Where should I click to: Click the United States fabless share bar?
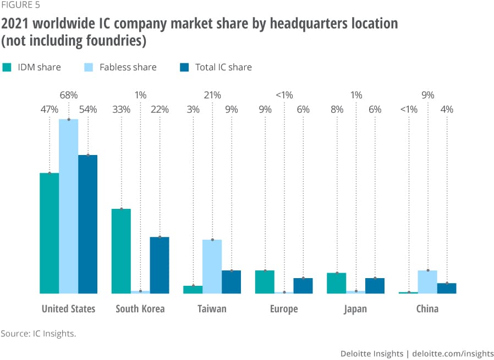[x=68, y=206]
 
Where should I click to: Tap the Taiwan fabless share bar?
[x=212, y=266]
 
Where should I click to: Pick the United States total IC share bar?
[x=87, y=224]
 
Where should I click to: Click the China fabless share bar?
[x=427, y=281]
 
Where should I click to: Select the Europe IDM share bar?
[x=265, y=281]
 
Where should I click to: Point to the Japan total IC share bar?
[x=375, y=285]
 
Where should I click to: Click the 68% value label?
[x=68, y=95]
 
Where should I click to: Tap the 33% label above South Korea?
[x=121, y=109]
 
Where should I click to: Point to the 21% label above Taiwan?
[x=212, y=95]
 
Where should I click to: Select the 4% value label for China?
[x=447, y=109]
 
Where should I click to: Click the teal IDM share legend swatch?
[x=7, y=68]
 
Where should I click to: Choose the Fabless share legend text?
[x=128, y=68]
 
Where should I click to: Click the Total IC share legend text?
[x=223, y=68]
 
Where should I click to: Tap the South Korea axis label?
[x=140, y=309]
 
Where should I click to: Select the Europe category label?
[x=284, y=309]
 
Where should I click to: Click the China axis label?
[x=427, y=309]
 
